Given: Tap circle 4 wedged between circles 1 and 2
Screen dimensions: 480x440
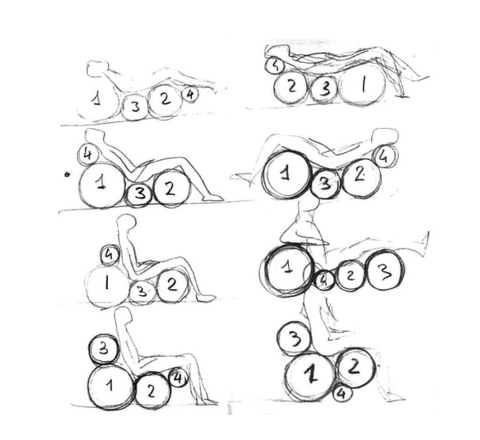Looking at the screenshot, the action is coord(325,280).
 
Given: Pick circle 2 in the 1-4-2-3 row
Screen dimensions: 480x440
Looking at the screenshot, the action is coord(351,275).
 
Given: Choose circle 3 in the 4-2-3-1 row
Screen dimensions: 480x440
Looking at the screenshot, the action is coord(325,89).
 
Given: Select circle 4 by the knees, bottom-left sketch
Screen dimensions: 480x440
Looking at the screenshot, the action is coord(178,379).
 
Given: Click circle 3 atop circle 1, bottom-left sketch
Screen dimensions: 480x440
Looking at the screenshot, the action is coord(104,349).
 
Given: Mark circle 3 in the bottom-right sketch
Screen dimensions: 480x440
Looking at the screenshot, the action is coord(294,339).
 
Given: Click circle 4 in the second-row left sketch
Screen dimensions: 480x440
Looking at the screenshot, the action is coord(88,155).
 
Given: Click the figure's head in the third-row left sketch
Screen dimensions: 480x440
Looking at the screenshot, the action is coord(126,220).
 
